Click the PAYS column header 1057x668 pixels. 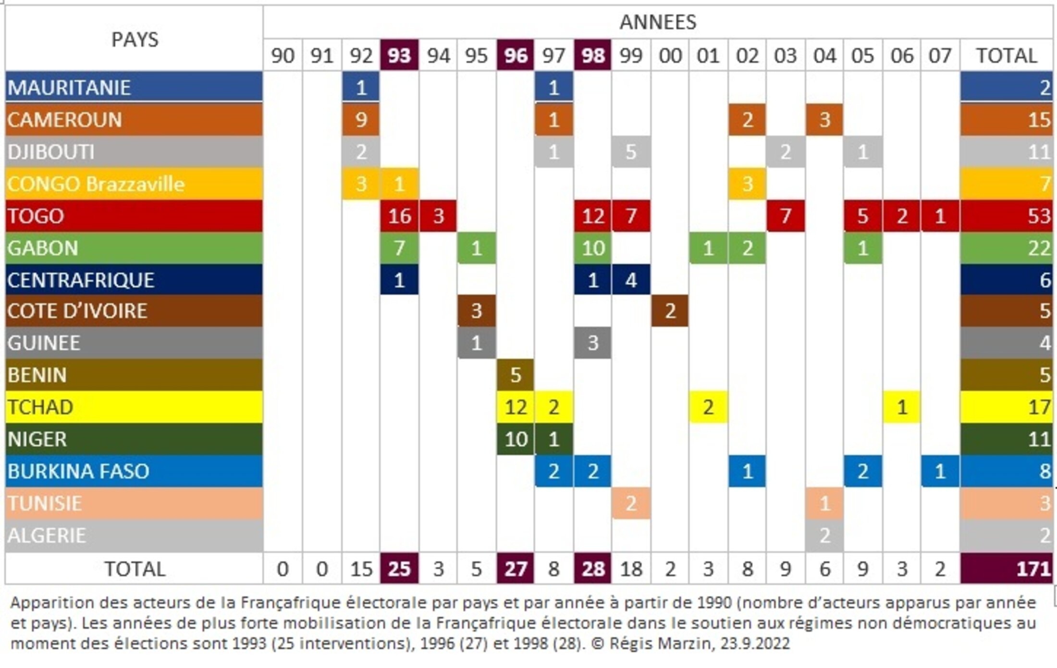click(135, 39)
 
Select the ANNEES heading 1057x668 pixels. click(658, 22)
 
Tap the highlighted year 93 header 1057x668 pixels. click(399, 55)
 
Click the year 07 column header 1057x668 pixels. click(940, 55)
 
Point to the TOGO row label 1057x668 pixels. click(36, 216)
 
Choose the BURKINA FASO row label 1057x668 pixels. click(78, 471)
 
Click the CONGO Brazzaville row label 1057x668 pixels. click(96, 184)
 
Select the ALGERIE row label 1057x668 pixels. click(47, 535)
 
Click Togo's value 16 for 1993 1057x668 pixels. click(399, 216)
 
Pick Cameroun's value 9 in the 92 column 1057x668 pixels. click(361, 120)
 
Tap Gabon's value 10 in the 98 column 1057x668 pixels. click(593, 248)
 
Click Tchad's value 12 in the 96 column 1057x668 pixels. click(516, 407)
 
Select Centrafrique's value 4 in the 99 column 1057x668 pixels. click(631, 280)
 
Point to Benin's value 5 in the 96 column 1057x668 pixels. click(516, 375)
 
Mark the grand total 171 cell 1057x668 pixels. click(1033, 569)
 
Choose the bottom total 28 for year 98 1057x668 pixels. click(593, 569)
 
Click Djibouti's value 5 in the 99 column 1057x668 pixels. click(631, 152)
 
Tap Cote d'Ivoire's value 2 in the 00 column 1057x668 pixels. click(670, 311)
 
